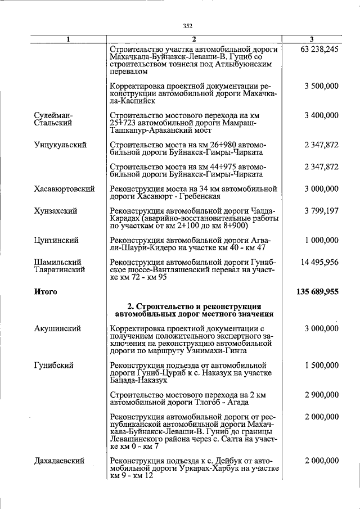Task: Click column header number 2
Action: click(x=193, y=39)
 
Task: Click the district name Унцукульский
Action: click(x=60, y=145)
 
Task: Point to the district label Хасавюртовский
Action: click(x=64, y=189)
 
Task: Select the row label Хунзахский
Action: click(x=56, y=211)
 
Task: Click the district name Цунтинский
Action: click(x=56, y=240)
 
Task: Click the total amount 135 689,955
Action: click(x=317, y=292)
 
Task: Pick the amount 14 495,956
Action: click(x=318, y=262)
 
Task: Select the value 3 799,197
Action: click(x=321, y=211)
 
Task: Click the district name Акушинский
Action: click(x=57, y=328)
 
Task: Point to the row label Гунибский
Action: click(x=53, y=365)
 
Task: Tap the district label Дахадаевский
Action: click(x=60, y=460)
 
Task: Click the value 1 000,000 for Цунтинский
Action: click(x=321, y=240)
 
